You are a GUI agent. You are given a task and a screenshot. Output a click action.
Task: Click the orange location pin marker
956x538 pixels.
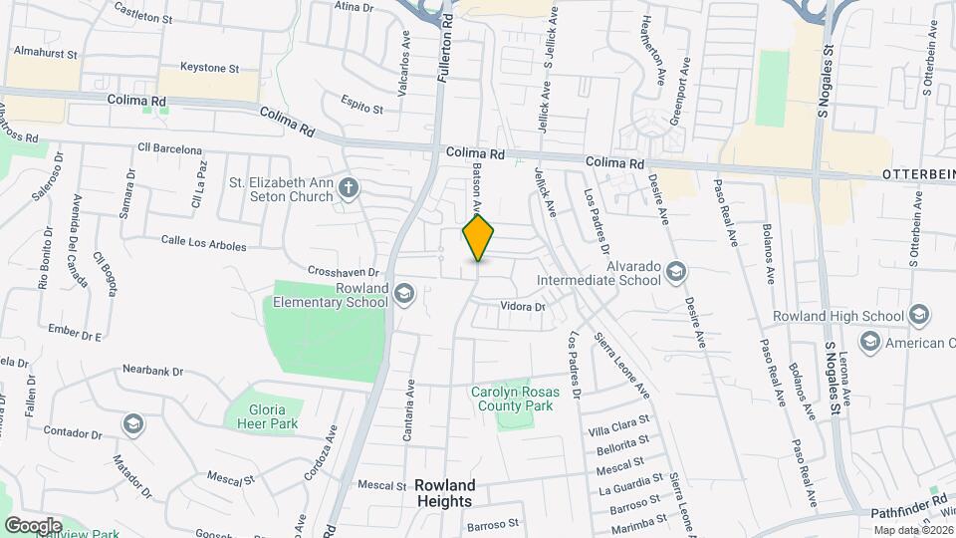pos(478,237)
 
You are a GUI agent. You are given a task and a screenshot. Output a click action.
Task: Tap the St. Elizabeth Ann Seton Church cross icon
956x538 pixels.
pos(348,186)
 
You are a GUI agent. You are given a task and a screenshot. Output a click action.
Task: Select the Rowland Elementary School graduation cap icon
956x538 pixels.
pos(403,293)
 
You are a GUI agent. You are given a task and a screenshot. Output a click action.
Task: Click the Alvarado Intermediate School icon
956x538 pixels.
pos(676,271)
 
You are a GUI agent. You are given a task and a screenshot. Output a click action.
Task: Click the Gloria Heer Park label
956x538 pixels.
pos(261,416)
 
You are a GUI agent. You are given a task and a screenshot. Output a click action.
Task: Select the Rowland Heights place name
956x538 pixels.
pos(444,493)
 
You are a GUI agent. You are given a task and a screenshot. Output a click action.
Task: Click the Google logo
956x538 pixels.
pos(33,525)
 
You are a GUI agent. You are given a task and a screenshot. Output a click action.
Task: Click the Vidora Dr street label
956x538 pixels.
pos(523,307)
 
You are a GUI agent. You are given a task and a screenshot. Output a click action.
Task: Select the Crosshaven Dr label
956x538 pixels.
pos(346,271)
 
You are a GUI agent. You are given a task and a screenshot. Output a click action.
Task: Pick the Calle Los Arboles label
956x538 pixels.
pos(203,240)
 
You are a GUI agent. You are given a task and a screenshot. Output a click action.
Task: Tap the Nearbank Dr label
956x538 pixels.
pos(153,371)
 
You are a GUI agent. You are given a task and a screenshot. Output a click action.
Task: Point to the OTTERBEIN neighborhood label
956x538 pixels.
pos(918,173)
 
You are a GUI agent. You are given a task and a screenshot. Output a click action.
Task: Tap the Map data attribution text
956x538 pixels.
pos(912,529)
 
